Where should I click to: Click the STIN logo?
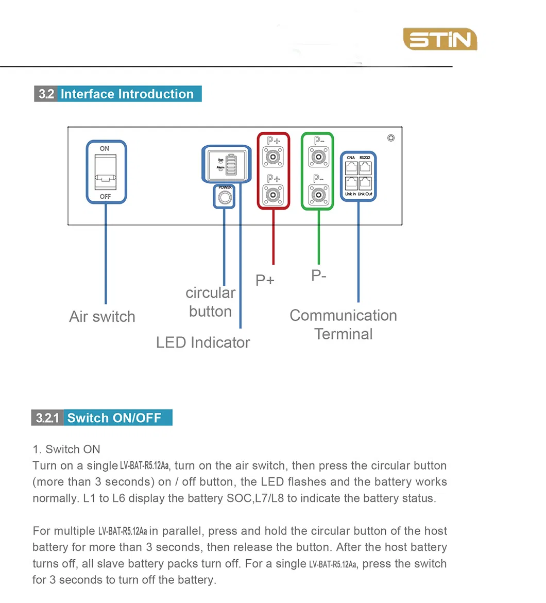440,40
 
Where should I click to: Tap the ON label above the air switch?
105,149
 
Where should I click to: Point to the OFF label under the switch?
105,196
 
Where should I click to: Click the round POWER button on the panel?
224,197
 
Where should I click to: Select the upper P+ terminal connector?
273,156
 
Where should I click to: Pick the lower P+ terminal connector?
273,195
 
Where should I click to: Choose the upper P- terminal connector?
318,156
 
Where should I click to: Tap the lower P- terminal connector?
318,195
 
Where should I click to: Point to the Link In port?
351,183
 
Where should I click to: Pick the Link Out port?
365,183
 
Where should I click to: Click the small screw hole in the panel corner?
391,138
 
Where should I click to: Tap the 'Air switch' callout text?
102,316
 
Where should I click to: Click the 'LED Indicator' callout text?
203,342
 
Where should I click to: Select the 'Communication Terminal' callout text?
344,324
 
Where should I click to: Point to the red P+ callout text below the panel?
265,280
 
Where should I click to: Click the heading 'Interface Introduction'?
127,94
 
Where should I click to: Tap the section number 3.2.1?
47,418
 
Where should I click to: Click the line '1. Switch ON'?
66,449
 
